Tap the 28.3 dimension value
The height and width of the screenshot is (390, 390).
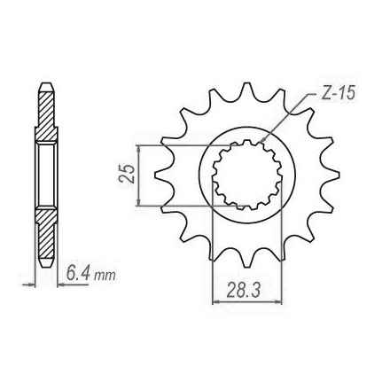coord(244,290)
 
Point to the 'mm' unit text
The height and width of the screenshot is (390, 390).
coord(105,276)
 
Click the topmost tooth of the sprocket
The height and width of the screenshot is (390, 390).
coord(246,88)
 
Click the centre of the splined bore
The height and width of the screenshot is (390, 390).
coord(246,175)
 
